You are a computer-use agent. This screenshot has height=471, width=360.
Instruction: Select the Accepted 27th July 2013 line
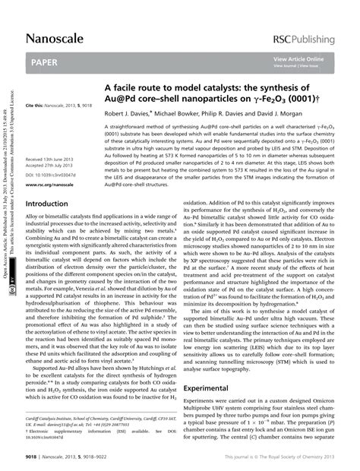click(x=53, y=165)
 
